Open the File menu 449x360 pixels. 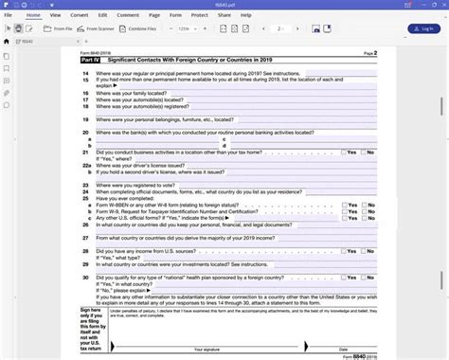tap(9, 15)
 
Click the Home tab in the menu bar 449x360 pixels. tap(34, 15)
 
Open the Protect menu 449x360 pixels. tap(198, 15)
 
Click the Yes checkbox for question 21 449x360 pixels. tap(344, 152)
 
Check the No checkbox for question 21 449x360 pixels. tap(362, 152)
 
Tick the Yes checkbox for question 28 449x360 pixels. tap(344, 250)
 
